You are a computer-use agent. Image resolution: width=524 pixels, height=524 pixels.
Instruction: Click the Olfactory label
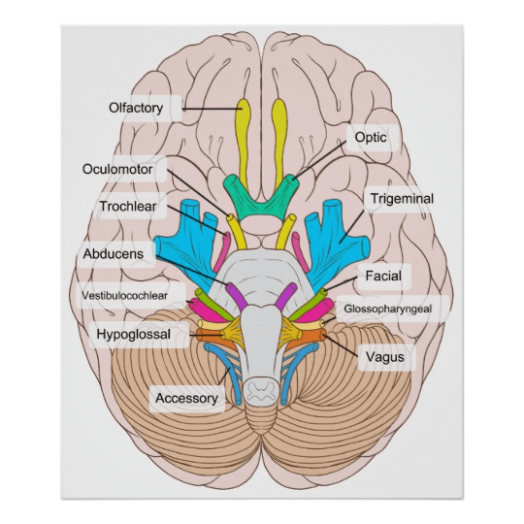point(136,108)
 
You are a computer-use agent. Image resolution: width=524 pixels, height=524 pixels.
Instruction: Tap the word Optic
point(371,138)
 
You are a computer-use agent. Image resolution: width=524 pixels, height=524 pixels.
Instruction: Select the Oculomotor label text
point(117,169)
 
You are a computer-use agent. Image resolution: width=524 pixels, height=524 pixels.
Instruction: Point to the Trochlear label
point(128,206)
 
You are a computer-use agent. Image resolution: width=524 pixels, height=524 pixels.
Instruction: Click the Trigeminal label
point(402,199)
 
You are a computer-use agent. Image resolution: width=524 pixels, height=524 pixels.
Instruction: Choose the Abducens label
point(114,254)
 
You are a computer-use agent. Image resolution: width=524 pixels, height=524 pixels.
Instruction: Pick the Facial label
point(383,276)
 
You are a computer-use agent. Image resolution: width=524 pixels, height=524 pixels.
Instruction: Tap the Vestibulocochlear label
point(124,295)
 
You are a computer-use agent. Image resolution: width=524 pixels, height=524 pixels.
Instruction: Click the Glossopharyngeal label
point(388,309)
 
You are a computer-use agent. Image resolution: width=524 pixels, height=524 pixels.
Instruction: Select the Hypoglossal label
point(134,334)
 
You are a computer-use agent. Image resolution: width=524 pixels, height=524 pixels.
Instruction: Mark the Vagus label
point(385,357)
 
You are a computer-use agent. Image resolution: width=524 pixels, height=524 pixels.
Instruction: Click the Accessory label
point(187,398)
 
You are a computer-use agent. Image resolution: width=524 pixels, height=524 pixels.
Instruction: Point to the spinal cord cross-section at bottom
point(261,390)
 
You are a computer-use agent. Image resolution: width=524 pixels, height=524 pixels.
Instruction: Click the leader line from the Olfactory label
point(213,109)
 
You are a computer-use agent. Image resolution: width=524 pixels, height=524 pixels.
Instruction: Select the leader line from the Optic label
point(319,161)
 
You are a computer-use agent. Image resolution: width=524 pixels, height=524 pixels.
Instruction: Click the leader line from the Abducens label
point(193,271)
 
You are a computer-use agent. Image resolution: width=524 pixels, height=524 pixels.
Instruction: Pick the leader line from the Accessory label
point(224,377)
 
